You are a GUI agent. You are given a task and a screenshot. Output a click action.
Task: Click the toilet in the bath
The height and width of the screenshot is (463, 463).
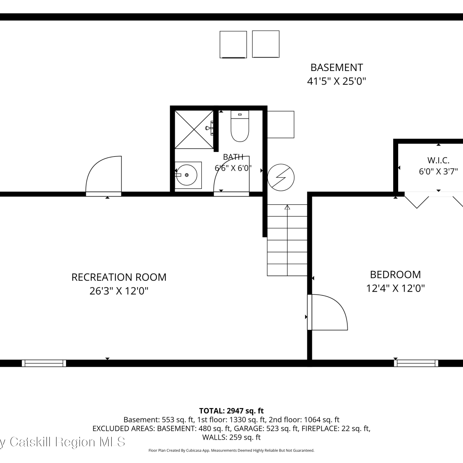(x=240, y=126)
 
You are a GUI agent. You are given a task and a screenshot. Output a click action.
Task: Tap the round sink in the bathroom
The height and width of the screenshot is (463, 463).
(x=187, y=175)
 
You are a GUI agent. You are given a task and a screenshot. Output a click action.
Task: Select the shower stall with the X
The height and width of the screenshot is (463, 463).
(x=194, y=130)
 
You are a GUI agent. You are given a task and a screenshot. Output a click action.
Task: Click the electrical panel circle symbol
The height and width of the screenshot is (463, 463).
(x=281, y=177)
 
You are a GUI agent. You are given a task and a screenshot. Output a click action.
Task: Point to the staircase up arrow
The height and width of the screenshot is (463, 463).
(x=287, y=240)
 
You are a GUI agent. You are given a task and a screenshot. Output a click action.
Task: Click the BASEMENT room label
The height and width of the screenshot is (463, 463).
(x=336, y=67)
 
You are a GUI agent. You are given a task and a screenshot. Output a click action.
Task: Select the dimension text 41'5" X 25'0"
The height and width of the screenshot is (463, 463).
(x=336, y=81)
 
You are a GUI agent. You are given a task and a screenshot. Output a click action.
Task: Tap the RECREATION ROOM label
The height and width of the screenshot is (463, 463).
(x=119, y=277)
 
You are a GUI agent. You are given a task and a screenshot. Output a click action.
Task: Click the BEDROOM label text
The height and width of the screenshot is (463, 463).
(x=395, y=274)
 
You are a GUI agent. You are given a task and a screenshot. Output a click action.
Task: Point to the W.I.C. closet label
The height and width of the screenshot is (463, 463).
(x=438, y=160)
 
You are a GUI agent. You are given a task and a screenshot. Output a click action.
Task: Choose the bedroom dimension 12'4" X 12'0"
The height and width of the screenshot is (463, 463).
(x=395, y=288)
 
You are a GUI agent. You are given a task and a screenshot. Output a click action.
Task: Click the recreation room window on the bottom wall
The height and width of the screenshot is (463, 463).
(x=44, y=363)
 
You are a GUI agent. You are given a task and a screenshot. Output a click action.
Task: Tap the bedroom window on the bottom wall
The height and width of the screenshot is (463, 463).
(x=416, y=363)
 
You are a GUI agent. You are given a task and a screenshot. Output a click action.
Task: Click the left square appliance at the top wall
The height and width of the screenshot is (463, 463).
(x=233, y=44)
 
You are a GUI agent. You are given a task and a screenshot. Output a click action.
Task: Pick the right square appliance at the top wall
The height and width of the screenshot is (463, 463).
(x=266, y=44)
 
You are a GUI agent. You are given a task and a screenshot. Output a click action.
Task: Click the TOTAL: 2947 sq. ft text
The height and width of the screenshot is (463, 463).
(x=231, y=411)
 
